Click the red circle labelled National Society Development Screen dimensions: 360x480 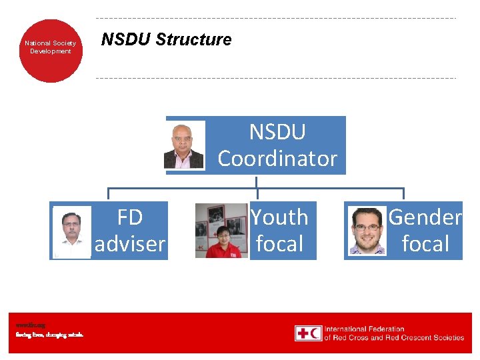tap(51, 47)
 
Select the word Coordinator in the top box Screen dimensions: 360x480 tap(277, 159)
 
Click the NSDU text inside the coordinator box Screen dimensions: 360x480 tap(277, 132)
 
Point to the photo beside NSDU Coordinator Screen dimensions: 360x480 tap(185, 145)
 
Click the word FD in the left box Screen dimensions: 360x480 tap(130, 217)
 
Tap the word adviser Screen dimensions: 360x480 tap(130, 244)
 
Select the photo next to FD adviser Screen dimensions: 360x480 tap(72, 231)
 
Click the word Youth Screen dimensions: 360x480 tap(279, 217)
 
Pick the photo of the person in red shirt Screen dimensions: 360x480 tap(221, 231)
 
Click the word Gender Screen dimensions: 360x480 tap(425, 217)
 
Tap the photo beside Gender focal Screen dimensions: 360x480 tap(367, 231)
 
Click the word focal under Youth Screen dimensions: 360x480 tap(279, 244)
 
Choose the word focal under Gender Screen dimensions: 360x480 tap(425, 244)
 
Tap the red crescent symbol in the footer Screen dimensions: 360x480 tap(315, 333)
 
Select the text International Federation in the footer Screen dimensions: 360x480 tap(364, 329)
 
